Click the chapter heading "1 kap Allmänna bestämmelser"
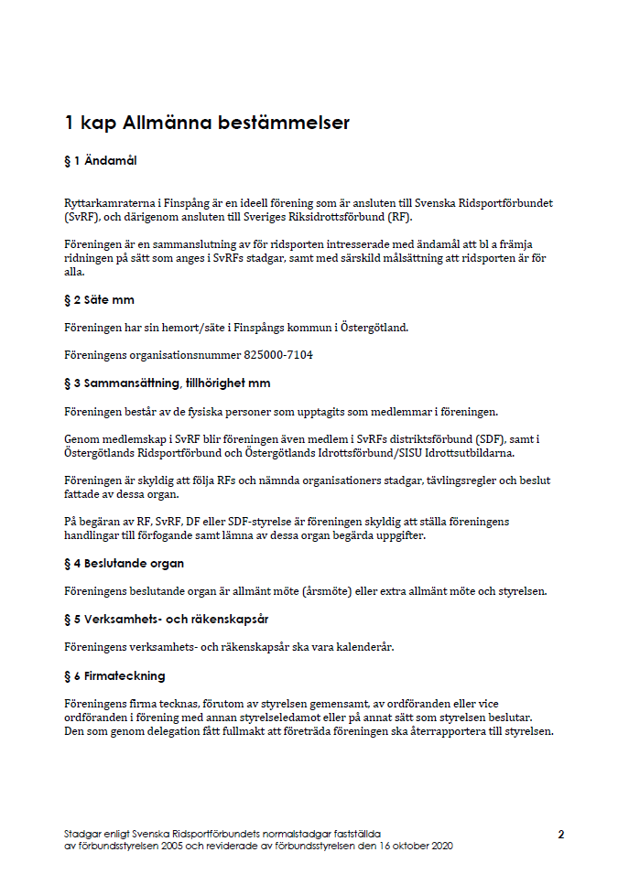[x=207, y=123]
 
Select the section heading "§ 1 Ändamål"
[x=101, y=161]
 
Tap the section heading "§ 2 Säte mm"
[x=100, y=299]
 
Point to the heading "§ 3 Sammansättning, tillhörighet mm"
[x=167, y=383]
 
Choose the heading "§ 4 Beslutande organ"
[x=124, y=563]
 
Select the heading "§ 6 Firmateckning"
[x=114, y=675]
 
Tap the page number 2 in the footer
[x=560, y=835]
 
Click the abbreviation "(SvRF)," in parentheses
[x=84, y=217]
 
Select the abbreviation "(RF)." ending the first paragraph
[x=396, y=217]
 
